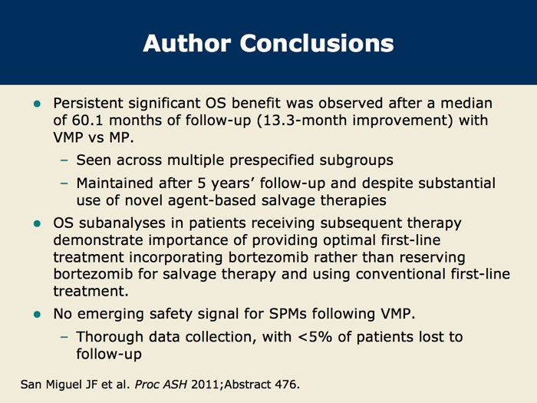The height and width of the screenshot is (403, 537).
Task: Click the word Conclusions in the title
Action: [x=317, y=43]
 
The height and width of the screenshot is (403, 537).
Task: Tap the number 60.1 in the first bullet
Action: [x=88, y=121]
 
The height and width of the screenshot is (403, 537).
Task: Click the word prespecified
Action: [x=272, y=160]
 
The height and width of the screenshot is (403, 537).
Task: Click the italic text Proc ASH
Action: [x=161, y=385]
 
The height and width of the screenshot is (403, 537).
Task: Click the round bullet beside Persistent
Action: [x=38, y=104]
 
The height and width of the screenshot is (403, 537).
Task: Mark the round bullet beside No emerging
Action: [x=38, y=315]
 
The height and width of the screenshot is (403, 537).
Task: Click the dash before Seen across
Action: [x=64, y=160]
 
